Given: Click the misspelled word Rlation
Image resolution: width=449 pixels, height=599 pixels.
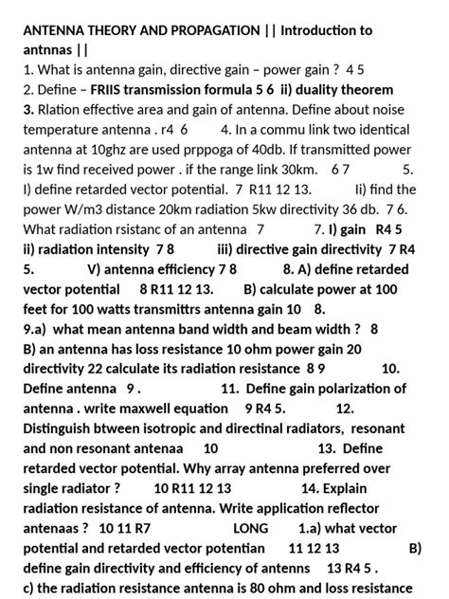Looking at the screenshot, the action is pyautogui.click(x=60, y=109).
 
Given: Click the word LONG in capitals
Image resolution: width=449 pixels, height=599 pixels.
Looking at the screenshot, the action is pyautogui.click(x=250, y=527).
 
